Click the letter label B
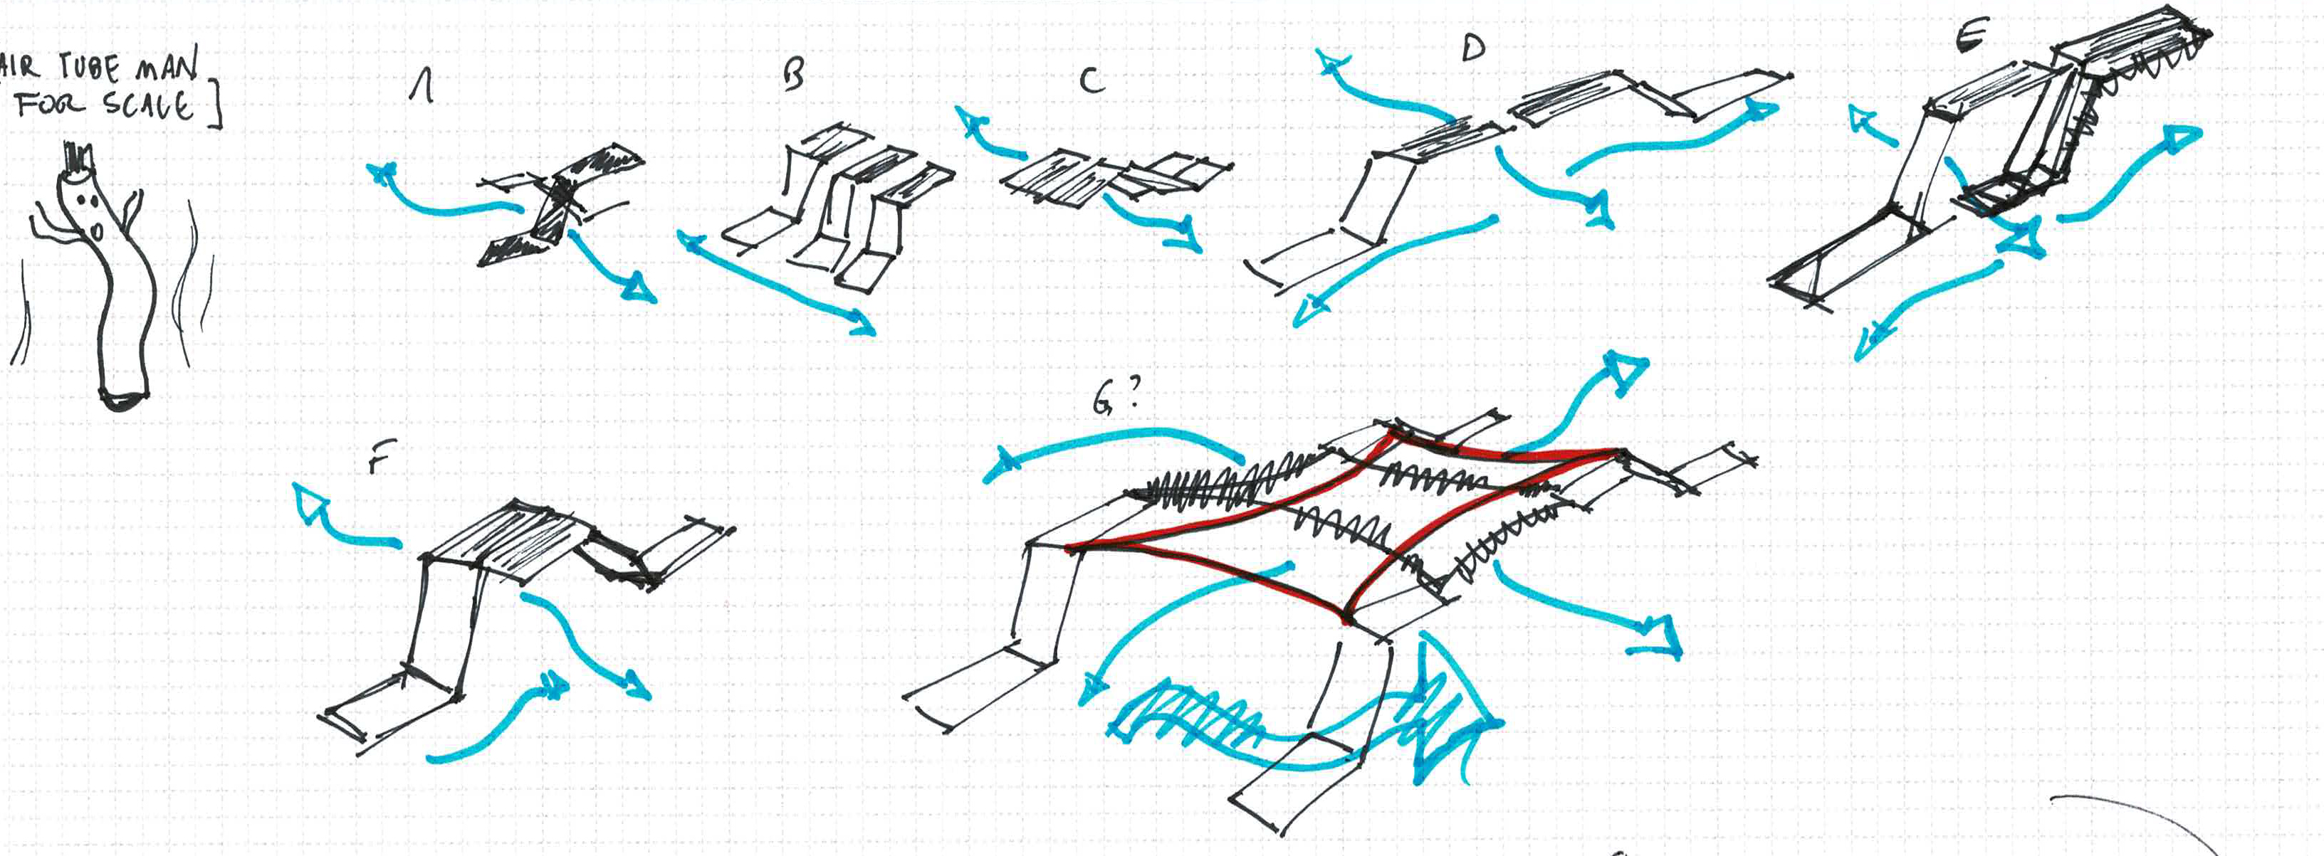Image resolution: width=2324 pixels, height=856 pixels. coord(794,75)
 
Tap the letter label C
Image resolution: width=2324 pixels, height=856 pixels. coord(1092,82)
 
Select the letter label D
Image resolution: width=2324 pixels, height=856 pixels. coord(1472,48)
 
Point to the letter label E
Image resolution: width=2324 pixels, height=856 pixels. coord(1972,36)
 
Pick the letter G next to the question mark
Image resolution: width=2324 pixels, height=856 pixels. coord(1102,401)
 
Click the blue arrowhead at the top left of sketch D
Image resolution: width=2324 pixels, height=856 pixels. coord(1332,63)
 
